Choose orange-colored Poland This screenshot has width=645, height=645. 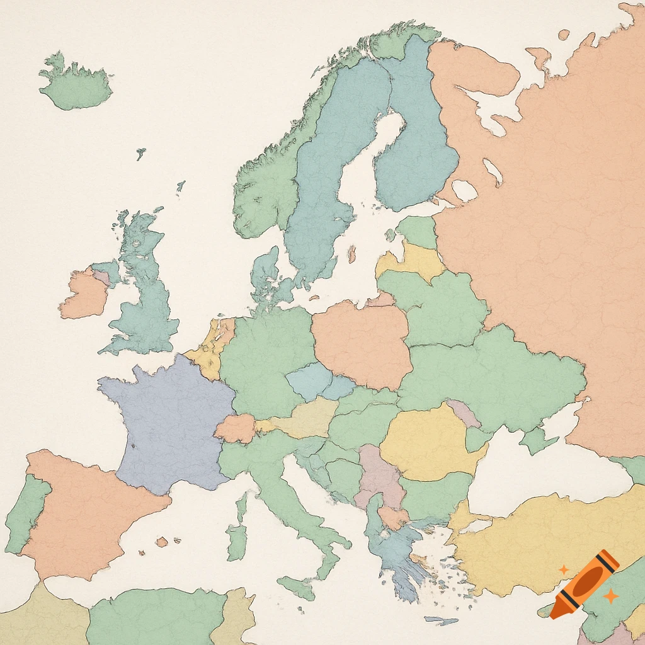coord(362,343)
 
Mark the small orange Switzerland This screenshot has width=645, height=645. coord(235,428)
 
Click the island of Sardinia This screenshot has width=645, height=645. coord(237,542)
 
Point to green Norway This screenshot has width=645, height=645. coord(265,183)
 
